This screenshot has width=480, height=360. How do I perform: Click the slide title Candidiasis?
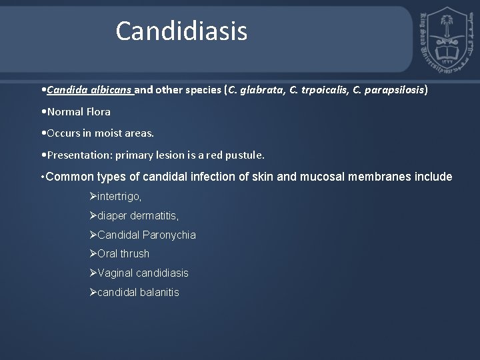pos(181,31)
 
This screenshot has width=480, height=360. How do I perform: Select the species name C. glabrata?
pos(253,89)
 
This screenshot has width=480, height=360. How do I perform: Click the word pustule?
pos(245,155)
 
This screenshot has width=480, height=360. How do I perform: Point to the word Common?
pos(71,177)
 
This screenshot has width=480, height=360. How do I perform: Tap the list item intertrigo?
pos(119,197)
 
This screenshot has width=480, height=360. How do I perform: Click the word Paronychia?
pos(169,235)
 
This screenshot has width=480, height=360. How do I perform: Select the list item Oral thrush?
pos(123,253)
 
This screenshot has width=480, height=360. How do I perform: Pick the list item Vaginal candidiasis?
pos(142,273)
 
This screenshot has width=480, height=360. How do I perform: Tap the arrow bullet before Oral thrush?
pos(93,253)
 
